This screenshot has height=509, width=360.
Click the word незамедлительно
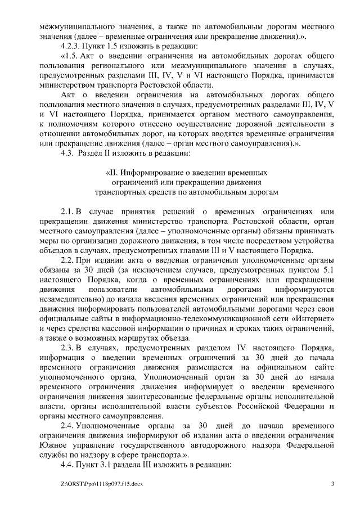tap(73, 299)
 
